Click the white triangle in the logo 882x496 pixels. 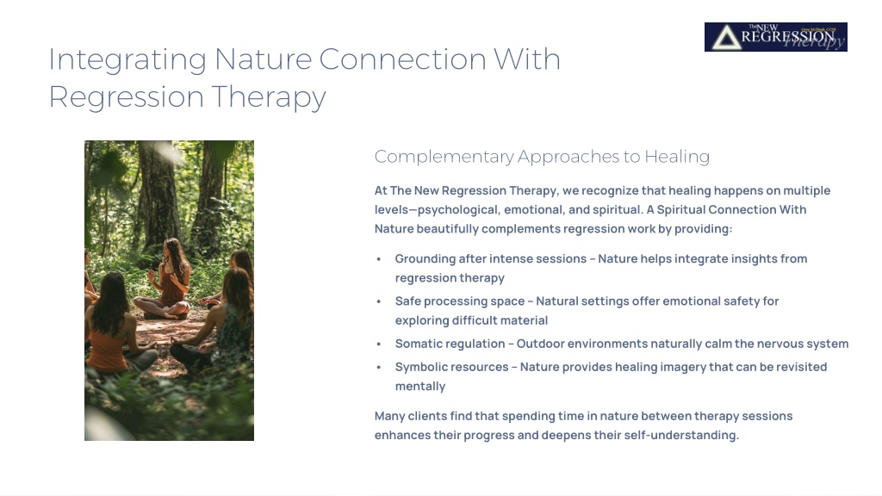(727, 38)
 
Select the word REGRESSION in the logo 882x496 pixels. (787, 37)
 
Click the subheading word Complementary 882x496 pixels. (444, 157)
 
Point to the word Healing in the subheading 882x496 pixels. (677, 157)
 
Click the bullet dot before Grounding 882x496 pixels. (379, 259)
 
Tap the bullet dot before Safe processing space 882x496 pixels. (379, 301)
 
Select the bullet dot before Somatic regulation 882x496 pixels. (379, 344)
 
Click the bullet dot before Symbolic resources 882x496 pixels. (379, 367)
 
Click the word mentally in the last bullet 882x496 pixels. (420, 387)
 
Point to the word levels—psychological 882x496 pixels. (437, 210)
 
